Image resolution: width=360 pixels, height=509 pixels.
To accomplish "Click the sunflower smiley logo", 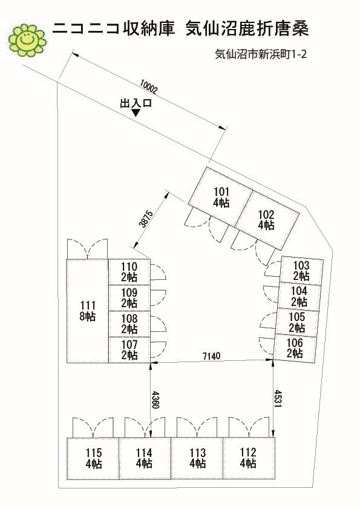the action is (x=27, y=41).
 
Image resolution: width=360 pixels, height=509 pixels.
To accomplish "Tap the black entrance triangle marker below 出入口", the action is (x=136, y=112).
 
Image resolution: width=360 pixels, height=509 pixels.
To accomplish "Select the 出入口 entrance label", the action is (x=136, y=103).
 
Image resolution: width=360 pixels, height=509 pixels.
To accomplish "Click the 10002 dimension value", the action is (x=148, y=86).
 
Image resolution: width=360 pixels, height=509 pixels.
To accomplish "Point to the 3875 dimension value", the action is (x=146, y=219).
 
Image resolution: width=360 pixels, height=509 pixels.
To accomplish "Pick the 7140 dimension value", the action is (x=211, y=356).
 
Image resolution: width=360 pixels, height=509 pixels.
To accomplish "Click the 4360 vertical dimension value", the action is (x=155, y=400).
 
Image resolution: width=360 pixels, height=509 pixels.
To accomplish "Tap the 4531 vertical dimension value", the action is (x=278, y=398).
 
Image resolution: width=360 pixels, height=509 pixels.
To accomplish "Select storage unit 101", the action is (x=220, y=196).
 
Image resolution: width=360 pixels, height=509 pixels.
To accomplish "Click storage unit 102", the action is (x=267, y=221).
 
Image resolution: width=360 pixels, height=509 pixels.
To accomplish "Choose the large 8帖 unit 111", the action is (x=87, y=311).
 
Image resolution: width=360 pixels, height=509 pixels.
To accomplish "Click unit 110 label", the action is (x=129, y=272).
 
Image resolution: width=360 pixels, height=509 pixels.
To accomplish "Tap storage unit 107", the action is (x=129, y=349).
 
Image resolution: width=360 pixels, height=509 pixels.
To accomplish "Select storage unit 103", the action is (x=301, y=271).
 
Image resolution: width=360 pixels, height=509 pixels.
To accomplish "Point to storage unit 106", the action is (x=295, y=348).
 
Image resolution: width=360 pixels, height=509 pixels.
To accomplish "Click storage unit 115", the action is (x=93, y=458).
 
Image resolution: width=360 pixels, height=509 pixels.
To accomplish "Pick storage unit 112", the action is (x=249, y=458).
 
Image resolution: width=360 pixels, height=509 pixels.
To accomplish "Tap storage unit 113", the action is (x=197, y=458).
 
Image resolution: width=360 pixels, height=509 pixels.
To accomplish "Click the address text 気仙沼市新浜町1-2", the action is (x=261, y=54).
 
